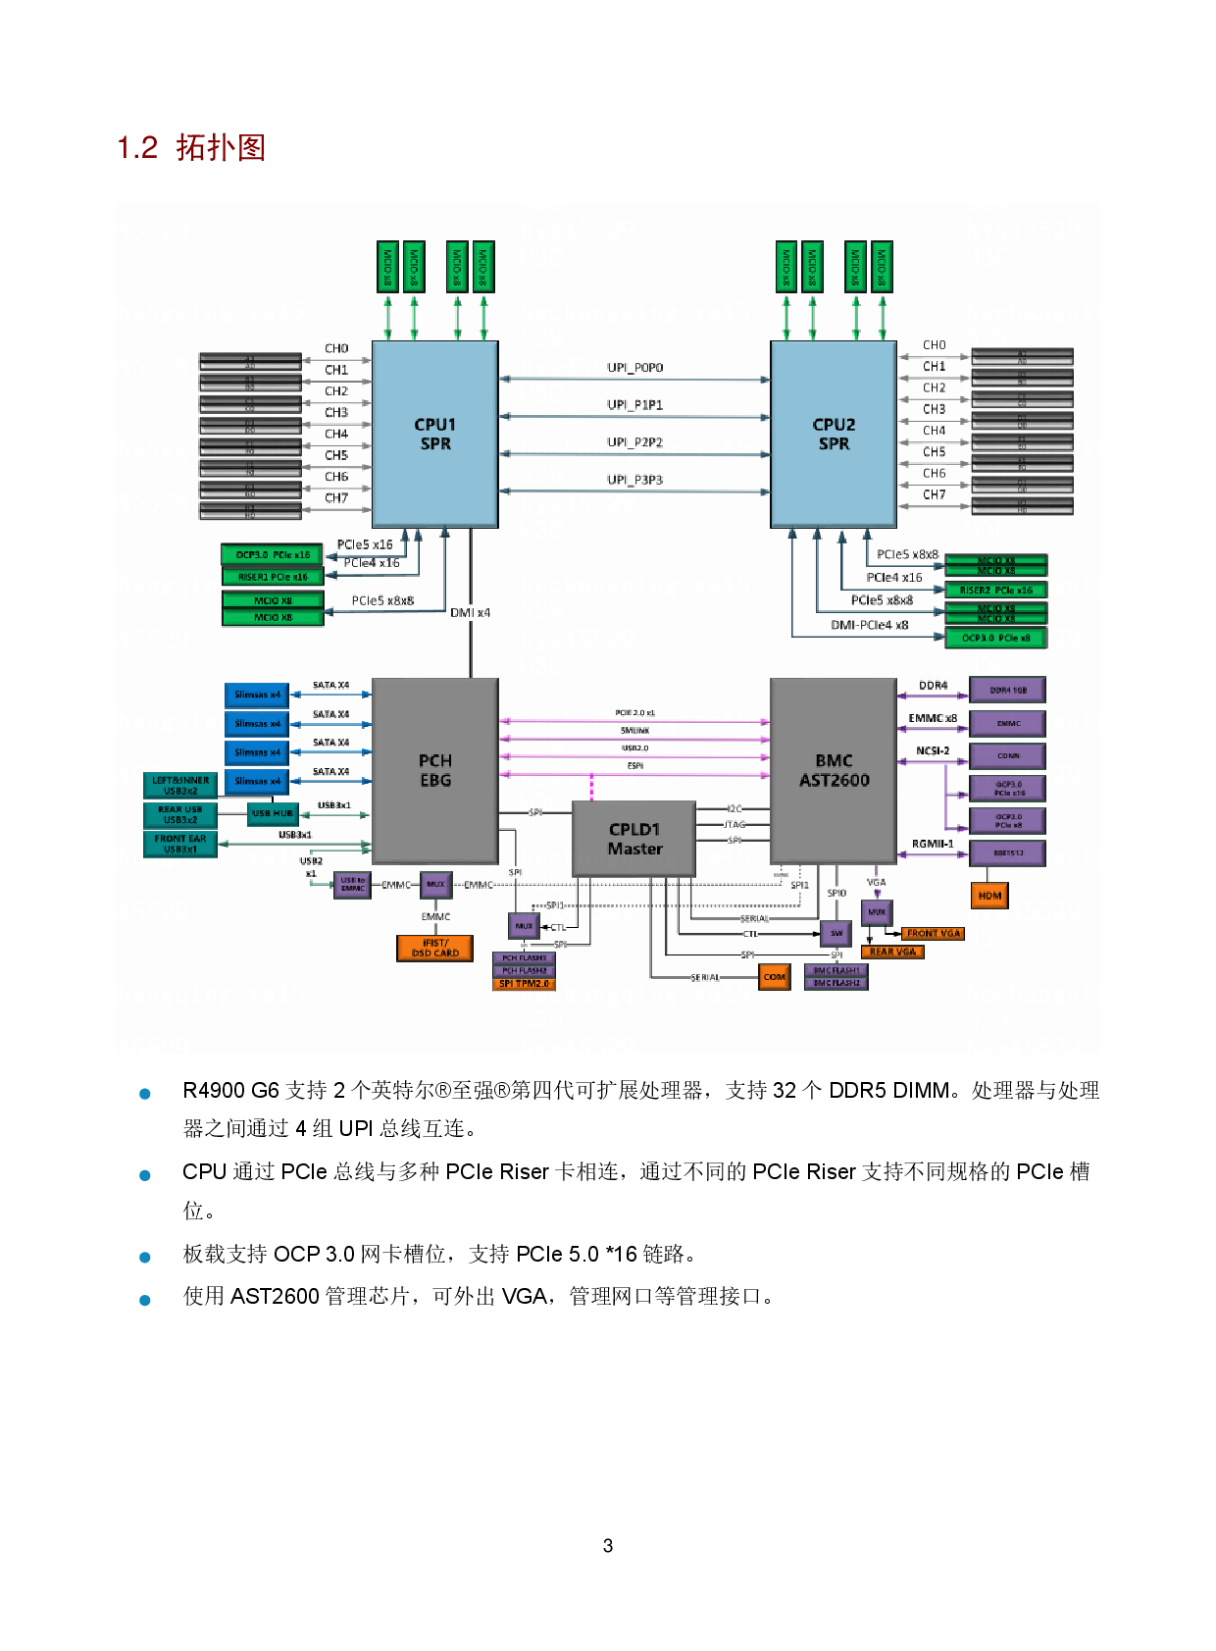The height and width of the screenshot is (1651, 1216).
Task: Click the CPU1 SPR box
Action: tap(434, 434)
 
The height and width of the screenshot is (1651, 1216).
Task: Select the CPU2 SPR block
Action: tap(834, 434)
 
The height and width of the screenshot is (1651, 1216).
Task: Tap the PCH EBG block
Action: tap(434, 770)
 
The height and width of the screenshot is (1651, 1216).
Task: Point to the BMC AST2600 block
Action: tap(834, 770)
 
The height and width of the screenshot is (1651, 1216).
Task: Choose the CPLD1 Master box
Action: tap(634, 839)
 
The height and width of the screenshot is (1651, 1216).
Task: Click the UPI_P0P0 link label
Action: tap(634, 368)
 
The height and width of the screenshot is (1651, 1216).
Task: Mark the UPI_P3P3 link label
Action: tap(634, 480)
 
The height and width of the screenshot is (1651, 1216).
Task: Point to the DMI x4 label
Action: tap(471, 613)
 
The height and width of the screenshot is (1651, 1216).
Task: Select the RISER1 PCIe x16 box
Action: tap(273, 577)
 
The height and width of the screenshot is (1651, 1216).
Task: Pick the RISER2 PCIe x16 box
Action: tap(995, 590)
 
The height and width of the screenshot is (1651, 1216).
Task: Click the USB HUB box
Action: tap(273, 813)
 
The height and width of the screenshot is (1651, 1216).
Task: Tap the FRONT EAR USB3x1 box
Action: tap(180, 844)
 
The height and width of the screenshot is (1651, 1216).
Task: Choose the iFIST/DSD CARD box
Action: tap(435, 948)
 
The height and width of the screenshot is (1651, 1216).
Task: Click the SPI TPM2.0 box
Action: tap(524, 984)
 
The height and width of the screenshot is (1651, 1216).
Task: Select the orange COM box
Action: tap(775, 977)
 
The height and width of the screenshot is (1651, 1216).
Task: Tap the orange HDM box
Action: tap(989, 896)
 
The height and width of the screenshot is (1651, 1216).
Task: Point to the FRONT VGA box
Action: tap(933, 934)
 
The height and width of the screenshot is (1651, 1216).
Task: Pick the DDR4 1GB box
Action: tap(1007, 690)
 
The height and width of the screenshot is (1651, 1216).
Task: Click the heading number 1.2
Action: tap(137, 148)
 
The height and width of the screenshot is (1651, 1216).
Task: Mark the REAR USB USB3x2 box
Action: tap(180, 814)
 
